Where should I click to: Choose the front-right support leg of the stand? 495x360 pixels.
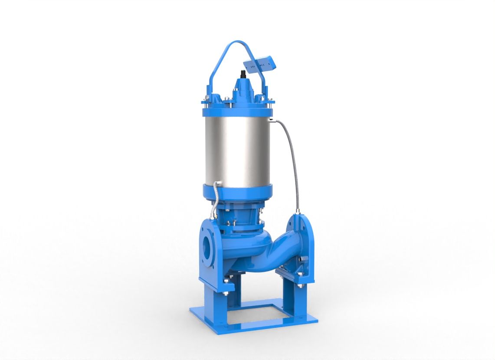290,299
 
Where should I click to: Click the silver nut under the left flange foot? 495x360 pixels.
226,295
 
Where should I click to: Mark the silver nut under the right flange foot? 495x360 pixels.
299,288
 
